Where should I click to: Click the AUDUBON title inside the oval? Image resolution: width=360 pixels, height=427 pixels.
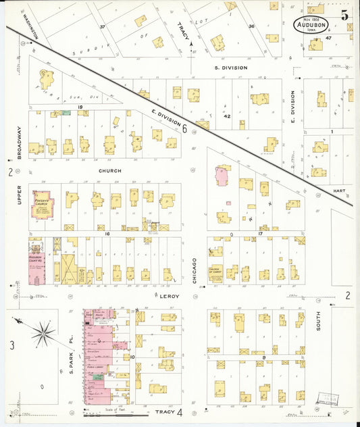(x=313, y=24)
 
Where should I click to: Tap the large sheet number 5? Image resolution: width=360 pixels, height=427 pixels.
(x=345, y=14)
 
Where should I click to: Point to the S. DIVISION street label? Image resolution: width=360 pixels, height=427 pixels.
(x=230, y=68)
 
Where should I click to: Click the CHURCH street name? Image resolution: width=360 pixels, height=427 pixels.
(x=109, y=171)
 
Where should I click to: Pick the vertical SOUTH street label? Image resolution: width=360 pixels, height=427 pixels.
(x=318, y=320)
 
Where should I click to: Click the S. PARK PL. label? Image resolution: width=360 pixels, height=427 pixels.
(x=73, y=347)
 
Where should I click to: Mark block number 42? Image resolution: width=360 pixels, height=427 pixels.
(x=228, y=116)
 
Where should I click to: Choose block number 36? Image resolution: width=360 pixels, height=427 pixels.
(x=251, y=26)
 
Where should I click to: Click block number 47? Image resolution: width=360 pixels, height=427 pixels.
(x=329, y=39)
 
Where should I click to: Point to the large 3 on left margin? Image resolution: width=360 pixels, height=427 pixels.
(x=11, y=346)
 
